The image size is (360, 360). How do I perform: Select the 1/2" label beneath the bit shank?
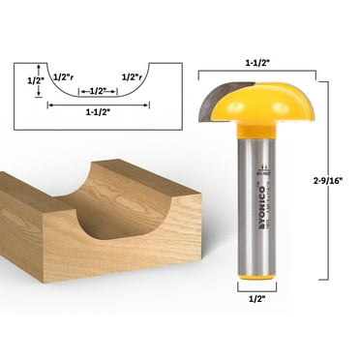250,299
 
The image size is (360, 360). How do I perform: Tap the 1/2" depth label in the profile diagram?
35,80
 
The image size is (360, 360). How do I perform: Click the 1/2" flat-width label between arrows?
97,91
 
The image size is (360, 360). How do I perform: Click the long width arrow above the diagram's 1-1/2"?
98,104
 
